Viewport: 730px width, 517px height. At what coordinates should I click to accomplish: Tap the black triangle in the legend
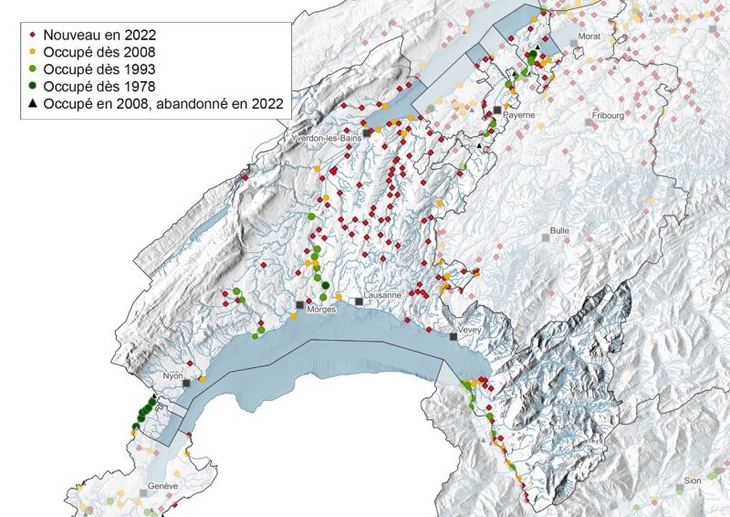pyautogui.click(x=33, y=105)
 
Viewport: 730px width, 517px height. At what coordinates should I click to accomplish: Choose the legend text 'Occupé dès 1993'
pyautogui.click(x=104, y=68)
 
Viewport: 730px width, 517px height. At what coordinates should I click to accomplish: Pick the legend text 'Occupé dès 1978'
pyautogui.click(x=104, y=86)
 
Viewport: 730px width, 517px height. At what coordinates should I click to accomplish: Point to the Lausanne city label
pyautogui.click(x=382, y=296)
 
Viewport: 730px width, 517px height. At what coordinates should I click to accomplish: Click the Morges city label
pyautogui.click(x=322, y=310)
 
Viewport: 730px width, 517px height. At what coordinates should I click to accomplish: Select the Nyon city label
pyautogui.click(x=172, y=375)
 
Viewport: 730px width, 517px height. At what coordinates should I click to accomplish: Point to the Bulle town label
pyautogui.click(x=559, y=231)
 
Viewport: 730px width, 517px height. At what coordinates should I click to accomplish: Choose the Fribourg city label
pyautogui.click(x=607, y=116)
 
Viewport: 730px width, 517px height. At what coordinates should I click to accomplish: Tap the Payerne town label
pyautogui.click(x=518, y=116)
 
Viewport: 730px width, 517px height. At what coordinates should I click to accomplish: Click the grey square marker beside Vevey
pyautogui.click(x=454, y=337)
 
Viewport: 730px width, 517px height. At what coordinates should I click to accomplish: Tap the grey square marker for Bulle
pyautogui.click(x=546, y=237)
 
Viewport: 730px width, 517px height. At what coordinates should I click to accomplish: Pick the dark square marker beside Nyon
pyautogui.click(x=186, y=385)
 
